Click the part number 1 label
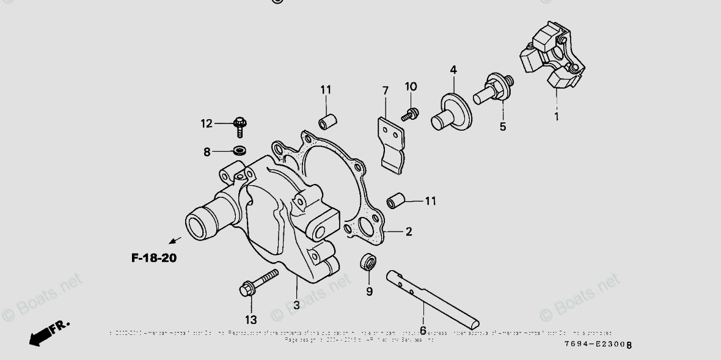click(x=557, y=115)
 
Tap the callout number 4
click(x=453, y=70)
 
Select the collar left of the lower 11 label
click(x=395, y=200)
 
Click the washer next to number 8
click(x=239, y=150)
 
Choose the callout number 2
click(x=408, y=232)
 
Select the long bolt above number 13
click(x=260, y=282)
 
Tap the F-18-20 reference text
click(x=154, y=258)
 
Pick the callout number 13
click(x=251, y=319)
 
